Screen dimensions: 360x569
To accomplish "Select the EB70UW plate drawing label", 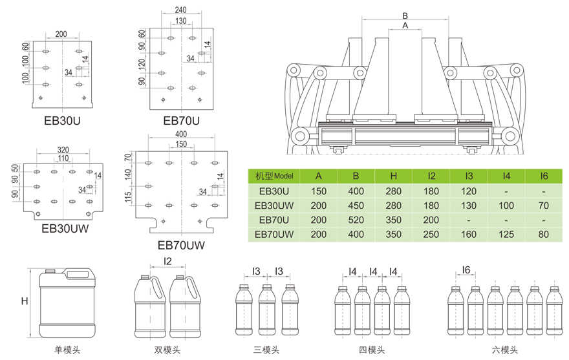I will click(x=181, y=245).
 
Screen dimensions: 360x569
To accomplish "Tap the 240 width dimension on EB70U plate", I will click(x=181, y=11).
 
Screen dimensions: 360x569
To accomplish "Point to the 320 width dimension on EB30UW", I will click(x=63, y=149).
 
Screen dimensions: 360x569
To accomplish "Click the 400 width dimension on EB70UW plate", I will click(x=181, y=134).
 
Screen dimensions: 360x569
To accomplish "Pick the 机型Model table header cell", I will click(x=274, y=175).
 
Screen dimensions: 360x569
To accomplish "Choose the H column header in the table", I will click(x=394, y=175).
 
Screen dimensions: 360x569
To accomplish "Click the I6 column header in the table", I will click(x=544, y=175).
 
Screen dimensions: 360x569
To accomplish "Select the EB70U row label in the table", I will click(x=274, y=220).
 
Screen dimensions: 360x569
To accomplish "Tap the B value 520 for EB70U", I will click(x=356, y=220).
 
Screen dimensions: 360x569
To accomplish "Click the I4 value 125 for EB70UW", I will click(x=506, y=234).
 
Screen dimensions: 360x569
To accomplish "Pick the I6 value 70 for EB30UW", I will click(x=544, y=206).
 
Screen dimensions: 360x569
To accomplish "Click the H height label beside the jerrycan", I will click(x=25, y=301).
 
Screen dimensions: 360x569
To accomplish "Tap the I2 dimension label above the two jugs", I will click(x=167, y=261).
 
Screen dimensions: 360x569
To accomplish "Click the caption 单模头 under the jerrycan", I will click(x=67, y=350).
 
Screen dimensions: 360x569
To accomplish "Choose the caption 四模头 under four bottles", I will click(x=372, y=350).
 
